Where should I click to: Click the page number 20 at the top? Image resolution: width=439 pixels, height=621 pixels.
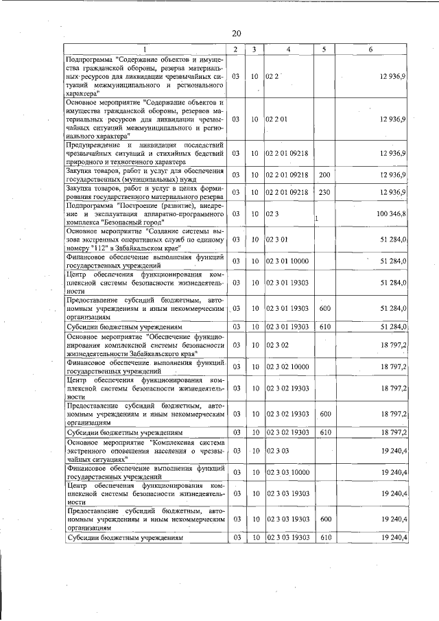pos(237,34)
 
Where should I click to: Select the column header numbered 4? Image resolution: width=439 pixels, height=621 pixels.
pos(288,49)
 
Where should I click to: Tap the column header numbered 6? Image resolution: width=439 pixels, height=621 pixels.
pos(370,49)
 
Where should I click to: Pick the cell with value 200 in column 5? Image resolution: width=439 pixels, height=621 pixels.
pos(324,176)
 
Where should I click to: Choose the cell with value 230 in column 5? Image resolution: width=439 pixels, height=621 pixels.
pos(324,191)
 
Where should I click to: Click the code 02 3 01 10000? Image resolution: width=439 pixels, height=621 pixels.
pos(288,261)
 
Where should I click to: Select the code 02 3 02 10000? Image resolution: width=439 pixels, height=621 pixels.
pos(288,367)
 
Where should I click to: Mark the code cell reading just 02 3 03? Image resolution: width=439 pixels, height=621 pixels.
pos(278,452)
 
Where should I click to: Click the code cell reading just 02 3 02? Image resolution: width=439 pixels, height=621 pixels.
pos(278,345)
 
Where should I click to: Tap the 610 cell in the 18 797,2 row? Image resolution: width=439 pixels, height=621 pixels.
pos(324,433)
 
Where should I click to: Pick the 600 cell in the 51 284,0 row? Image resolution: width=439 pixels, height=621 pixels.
pos(324,308)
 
